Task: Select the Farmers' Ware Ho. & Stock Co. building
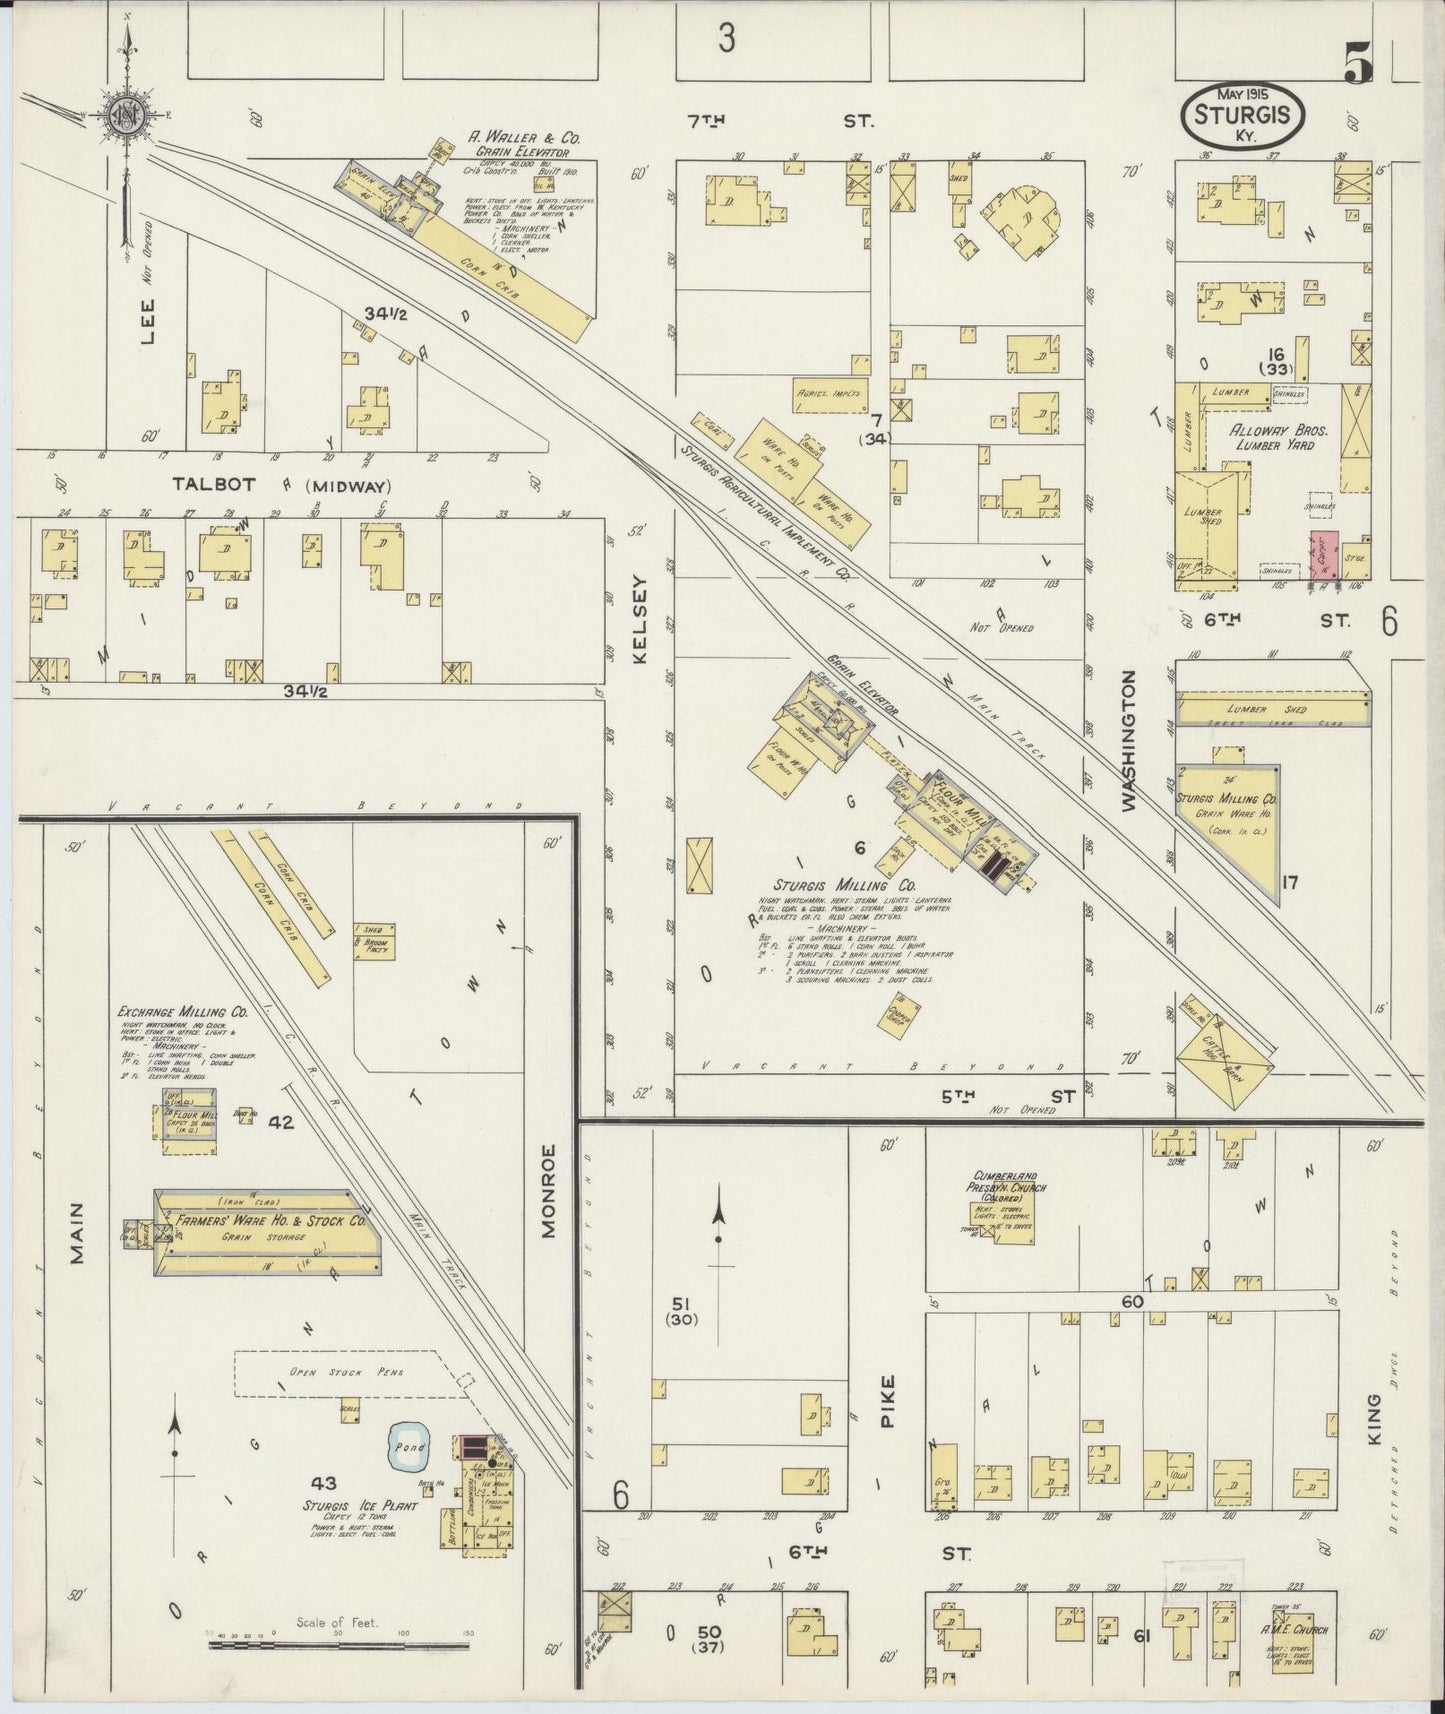pyautogui.click(x=267, y=1232)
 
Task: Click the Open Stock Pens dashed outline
pyautogui.click(x=351, y=1373)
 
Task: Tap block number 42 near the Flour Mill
pyautogui.click(x=281, y=1122)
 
